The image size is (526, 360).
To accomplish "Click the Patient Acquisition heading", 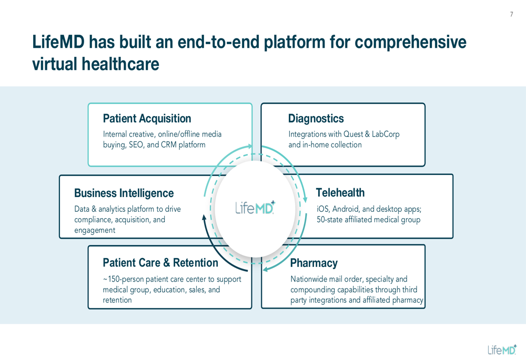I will (x=147, y=119).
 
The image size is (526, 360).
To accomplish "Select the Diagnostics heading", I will (x=316, y=119).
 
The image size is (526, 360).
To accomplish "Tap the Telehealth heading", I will (x=340, y=193).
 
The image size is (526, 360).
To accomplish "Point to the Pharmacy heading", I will (x=313, y=263).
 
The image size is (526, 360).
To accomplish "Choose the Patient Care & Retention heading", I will (x=160, y=263).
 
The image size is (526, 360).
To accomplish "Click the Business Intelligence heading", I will (x=124, y=193).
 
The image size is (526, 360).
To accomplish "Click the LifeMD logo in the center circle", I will (x=255, y=208).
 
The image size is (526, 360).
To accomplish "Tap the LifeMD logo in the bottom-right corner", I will (x=501, y=349).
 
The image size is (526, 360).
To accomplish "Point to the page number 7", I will (x=511, y=15).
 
